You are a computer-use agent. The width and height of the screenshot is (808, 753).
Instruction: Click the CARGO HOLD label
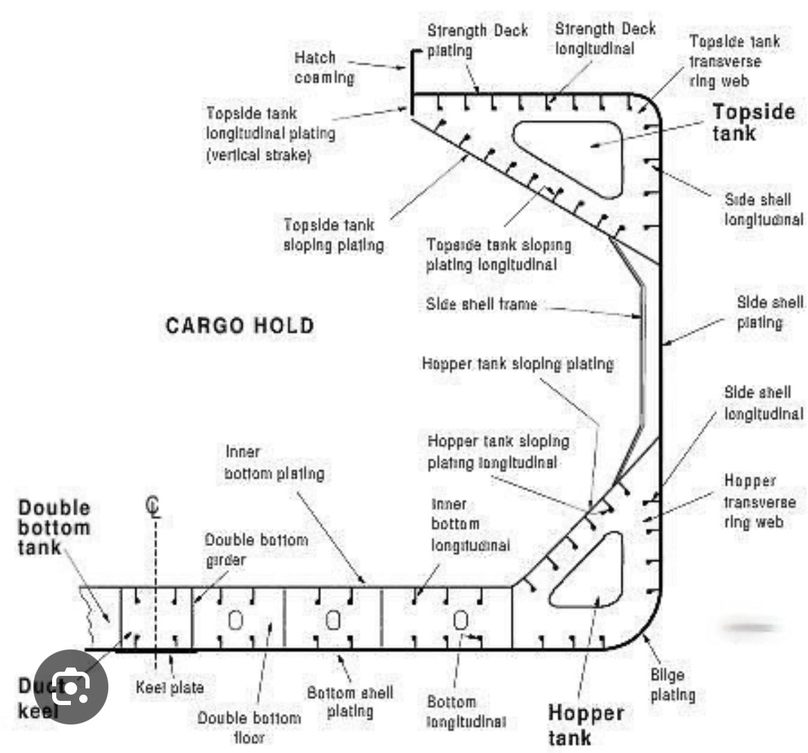pos(240,326)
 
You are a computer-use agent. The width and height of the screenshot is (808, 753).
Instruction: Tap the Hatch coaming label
pos(324,67)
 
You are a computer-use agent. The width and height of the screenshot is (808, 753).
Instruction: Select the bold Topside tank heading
pos(753,122)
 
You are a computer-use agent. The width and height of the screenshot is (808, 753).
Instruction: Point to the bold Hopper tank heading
pos(586,725)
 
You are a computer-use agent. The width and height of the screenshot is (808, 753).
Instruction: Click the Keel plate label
pos(170,687)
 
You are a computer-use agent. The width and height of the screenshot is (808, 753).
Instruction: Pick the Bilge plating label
pos(673,684)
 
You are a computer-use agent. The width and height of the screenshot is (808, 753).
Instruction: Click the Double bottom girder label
pos(256,549)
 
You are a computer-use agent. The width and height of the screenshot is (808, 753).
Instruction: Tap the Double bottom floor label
pos(249,727)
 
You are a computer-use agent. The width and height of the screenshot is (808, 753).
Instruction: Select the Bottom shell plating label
pos(350,702)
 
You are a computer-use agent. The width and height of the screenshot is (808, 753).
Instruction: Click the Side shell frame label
pos(481,304)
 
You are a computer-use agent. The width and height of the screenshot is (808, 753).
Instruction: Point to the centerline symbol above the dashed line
pos(153,506)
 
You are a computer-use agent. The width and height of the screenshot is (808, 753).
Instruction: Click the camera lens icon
pos(71,686)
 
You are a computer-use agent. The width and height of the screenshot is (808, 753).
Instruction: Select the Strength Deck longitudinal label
pos(605,38)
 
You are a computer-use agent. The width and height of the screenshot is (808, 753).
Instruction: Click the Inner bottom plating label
pos(274,463)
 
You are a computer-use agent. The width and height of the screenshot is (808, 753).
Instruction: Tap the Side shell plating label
pos(769,312)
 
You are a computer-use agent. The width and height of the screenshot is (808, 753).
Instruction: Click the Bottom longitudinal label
pos(466,712)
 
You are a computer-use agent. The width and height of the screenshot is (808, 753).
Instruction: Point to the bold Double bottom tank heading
pos(54,527)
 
